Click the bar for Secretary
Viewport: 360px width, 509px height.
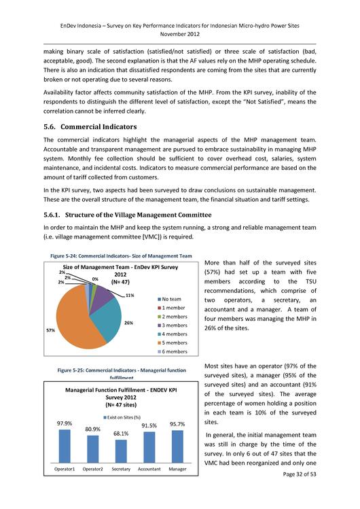[122, 451]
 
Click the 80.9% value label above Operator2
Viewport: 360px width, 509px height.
[93, 429]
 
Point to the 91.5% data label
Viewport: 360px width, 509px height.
[149, 425]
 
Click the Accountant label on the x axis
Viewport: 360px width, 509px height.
[149, 469]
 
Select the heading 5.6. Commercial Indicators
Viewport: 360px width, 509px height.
[90, 126]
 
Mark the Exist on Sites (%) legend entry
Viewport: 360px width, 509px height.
[122, 417]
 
